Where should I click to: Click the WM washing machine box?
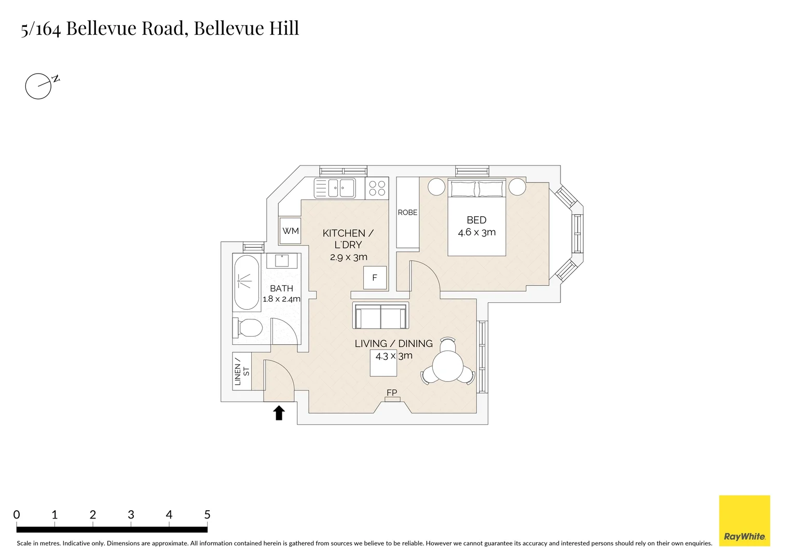(291, 231)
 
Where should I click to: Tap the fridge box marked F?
(375, 278)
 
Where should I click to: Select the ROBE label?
(407, 213)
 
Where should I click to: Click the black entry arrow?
(279, 413)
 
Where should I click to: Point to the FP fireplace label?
(392, 393)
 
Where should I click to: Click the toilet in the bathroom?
(248, 328)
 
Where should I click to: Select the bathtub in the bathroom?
(246, 283)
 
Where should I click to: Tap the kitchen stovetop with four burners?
(377, 188)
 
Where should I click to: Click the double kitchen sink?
(335, 188)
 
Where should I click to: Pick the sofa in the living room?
(380, 316)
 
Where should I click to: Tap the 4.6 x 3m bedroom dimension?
(476, 232)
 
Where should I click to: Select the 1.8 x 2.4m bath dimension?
(281, 299)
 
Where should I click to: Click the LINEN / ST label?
(242, 371)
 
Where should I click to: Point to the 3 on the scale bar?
(131, 515)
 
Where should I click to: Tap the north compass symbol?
(39, 86)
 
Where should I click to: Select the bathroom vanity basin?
(282, 260)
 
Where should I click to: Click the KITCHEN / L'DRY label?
(348, 239)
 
